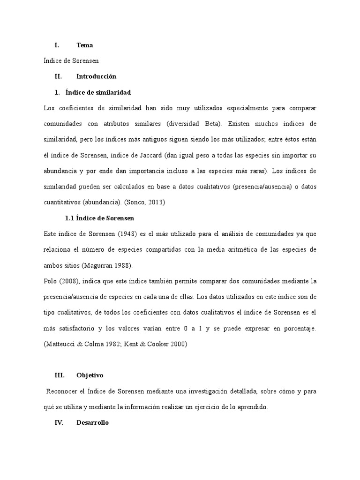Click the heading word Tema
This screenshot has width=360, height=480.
[84, 45]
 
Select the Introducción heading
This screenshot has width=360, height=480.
[96, 76]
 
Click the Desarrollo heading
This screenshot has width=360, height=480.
[92, 422]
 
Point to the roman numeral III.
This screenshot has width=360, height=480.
[59, 375]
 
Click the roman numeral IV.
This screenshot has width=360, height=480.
[59, 422]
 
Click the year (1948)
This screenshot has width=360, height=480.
[128, 234]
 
